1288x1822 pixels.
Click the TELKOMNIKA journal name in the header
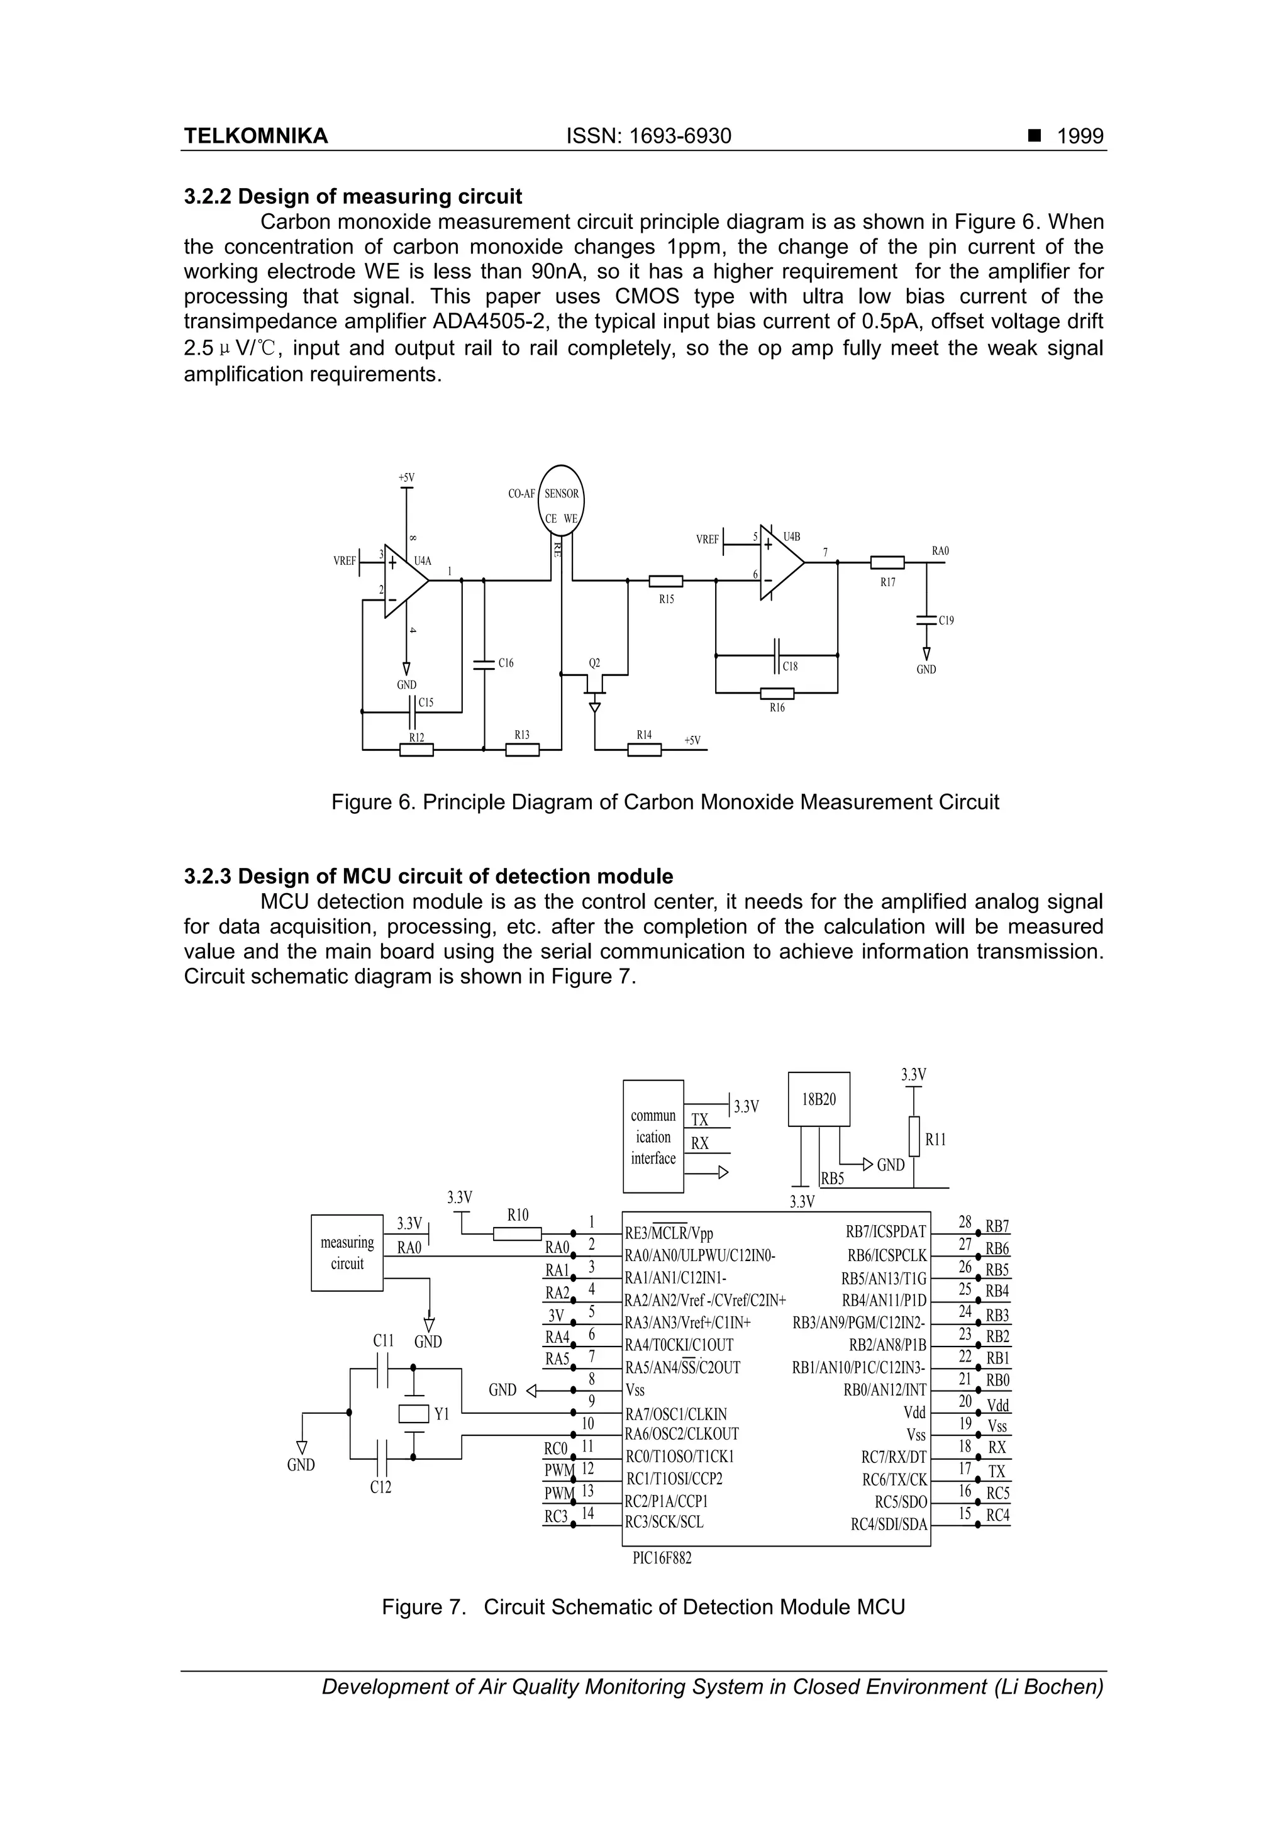point(255,136)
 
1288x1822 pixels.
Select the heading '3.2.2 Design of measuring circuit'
point(353,197)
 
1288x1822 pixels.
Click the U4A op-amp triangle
point(405,581)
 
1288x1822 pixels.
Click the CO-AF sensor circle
point(561,497)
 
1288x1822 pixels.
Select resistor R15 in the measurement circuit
point(666,581)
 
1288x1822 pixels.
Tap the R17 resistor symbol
point(887,563)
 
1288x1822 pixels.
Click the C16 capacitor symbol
point(483,664)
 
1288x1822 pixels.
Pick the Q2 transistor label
point(594,663)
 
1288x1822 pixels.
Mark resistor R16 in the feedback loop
point(777,693)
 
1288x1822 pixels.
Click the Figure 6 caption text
point(665,803)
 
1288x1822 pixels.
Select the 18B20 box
point(819,1099)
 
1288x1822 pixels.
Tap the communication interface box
point(653,1136)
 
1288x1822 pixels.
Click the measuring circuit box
point(347,1253)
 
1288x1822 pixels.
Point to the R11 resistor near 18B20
point(914,1139)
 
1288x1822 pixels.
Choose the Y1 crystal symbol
point(413,1413)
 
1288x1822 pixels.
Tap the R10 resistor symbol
point(518,1233)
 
